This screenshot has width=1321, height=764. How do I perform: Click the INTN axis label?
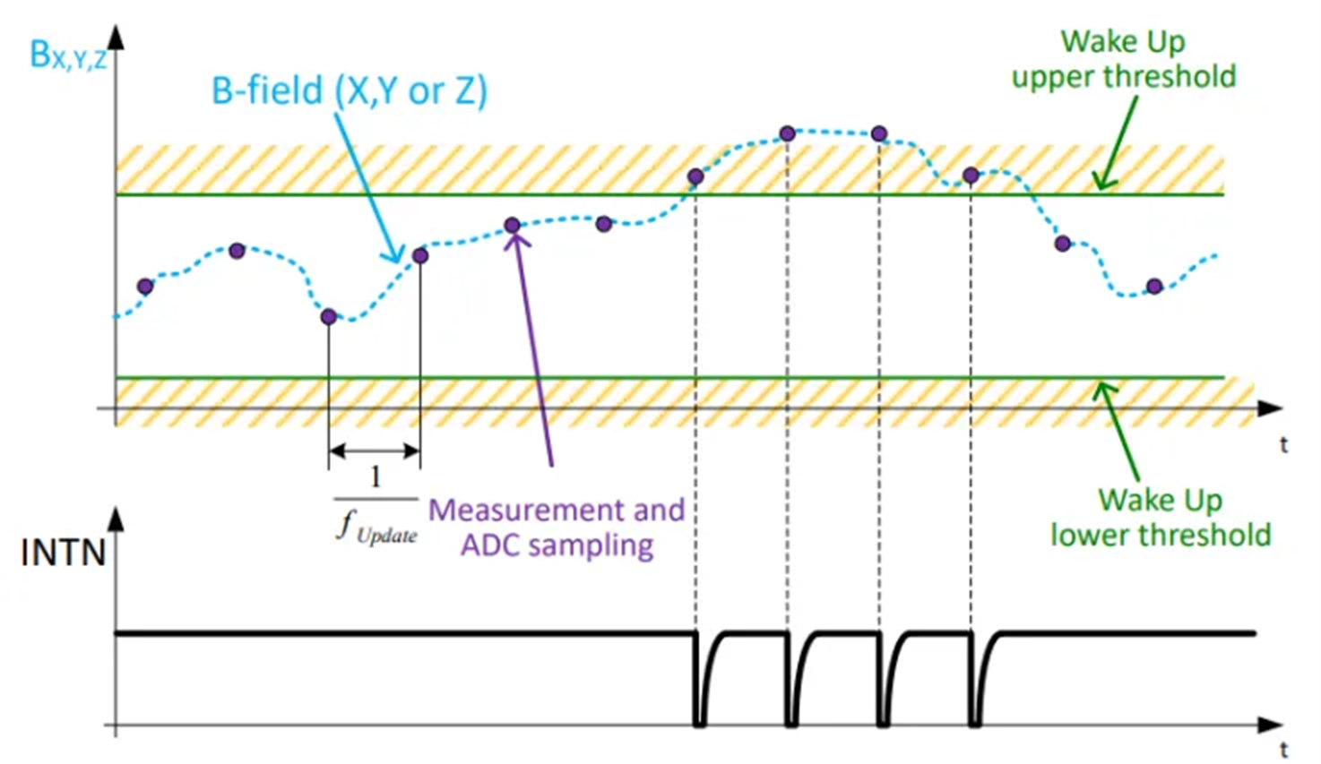(x=63, y=553)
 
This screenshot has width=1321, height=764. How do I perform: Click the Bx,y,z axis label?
(x=68, y=56)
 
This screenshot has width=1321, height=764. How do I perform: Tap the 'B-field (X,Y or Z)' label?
(x=350, y=91)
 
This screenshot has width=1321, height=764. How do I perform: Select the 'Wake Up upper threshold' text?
(x=1124, y=59)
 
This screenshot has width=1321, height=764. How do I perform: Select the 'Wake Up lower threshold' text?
(x=1161, y=518)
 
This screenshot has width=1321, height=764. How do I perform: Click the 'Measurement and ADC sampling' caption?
(x=557, y=527)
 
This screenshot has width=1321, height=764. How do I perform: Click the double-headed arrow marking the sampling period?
(x=375, y=451)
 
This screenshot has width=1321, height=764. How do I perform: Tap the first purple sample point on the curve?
(x=145, y=287)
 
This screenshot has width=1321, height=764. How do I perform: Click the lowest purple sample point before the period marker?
(x=329, y=317)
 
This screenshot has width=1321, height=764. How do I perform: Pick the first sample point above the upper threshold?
(x=695, y=176)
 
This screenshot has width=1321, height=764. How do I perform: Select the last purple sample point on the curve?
(x=1154, y=287)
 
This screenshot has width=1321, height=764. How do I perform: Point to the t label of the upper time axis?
(x=1283, y=444)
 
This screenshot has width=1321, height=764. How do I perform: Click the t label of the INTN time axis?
(x=1283, y=750)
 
